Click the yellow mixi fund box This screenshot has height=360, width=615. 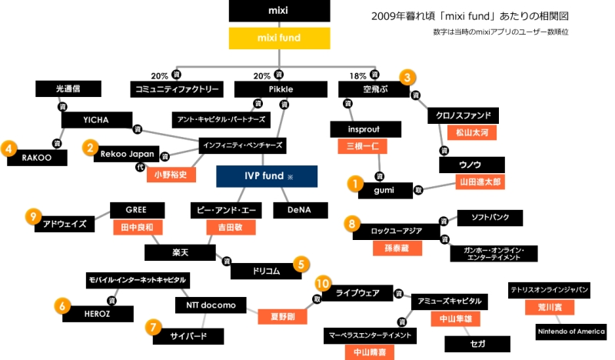tap(279, 38)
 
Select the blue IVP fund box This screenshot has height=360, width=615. tap(267, 176)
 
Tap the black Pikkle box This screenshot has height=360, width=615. tap(281, 89)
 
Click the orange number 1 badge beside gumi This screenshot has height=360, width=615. tap(355, 184)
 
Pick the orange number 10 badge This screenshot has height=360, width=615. tap(323, 283)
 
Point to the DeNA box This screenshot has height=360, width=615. tap(301, 210)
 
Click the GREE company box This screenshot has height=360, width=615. tap(138, 210)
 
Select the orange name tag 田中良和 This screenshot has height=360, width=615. tap(138, 227)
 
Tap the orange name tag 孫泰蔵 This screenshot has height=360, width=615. tap(397, 248)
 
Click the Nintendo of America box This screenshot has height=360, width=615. tap(571, 332)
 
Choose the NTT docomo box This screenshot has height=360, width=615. tap(211, 305)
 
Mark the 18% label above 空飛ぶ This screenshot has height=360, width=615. tap(357, 76)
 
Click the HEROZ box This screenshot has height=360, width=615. tap(98, 314)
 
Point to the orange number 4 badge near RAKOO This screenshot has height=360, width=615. tap(8, 148)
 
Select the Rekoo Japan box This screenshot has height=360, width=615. tap(127, 154)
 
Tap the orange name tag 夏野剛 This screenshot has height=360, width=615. tap(282, 316)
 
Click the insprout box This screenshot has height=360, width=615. tap(366, 129)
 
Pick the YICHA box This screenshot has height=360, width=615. tap(97, 120)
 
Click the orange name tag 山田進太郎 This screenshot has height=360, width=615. tap(480, 182)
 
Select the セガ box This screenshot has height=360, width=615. tap(477, 344)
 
